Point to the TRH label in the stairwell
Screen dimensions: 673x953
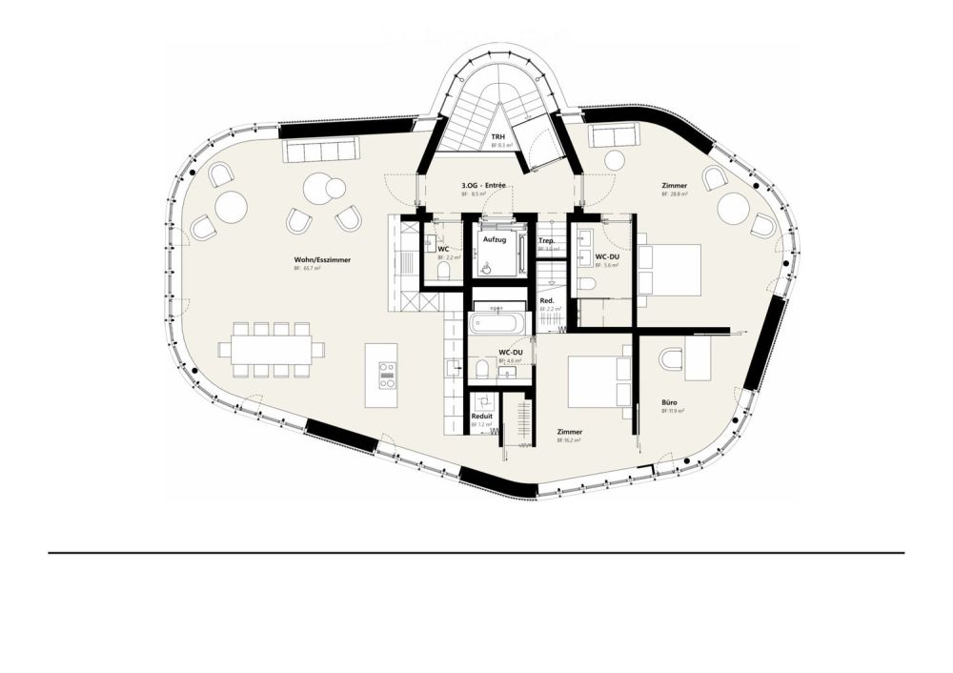(x=497, y=137)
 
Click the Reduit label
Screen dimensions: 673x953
(x=482, y=416)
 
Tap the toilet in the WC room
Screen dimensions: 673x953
(x=442, y=273)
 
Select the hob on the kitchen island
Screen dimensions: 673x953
(x=386, y=375)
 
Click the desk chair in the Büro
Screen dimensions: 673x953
(x=672, y=359)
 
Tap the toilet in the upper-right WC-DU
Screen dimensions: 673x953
(x=588, y=284)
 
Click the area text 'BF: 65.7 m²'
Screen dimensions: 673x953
(x=307, y=270)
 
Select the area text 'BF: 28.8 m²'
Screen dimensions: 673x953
(x=676, y=194)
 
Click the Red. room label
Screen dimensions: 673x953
(x=547, y=301)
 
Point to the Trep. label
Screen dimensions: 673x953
(x=547, y=241)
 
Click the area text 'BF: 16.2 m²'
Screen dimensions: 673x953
(x=570, y=441)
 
